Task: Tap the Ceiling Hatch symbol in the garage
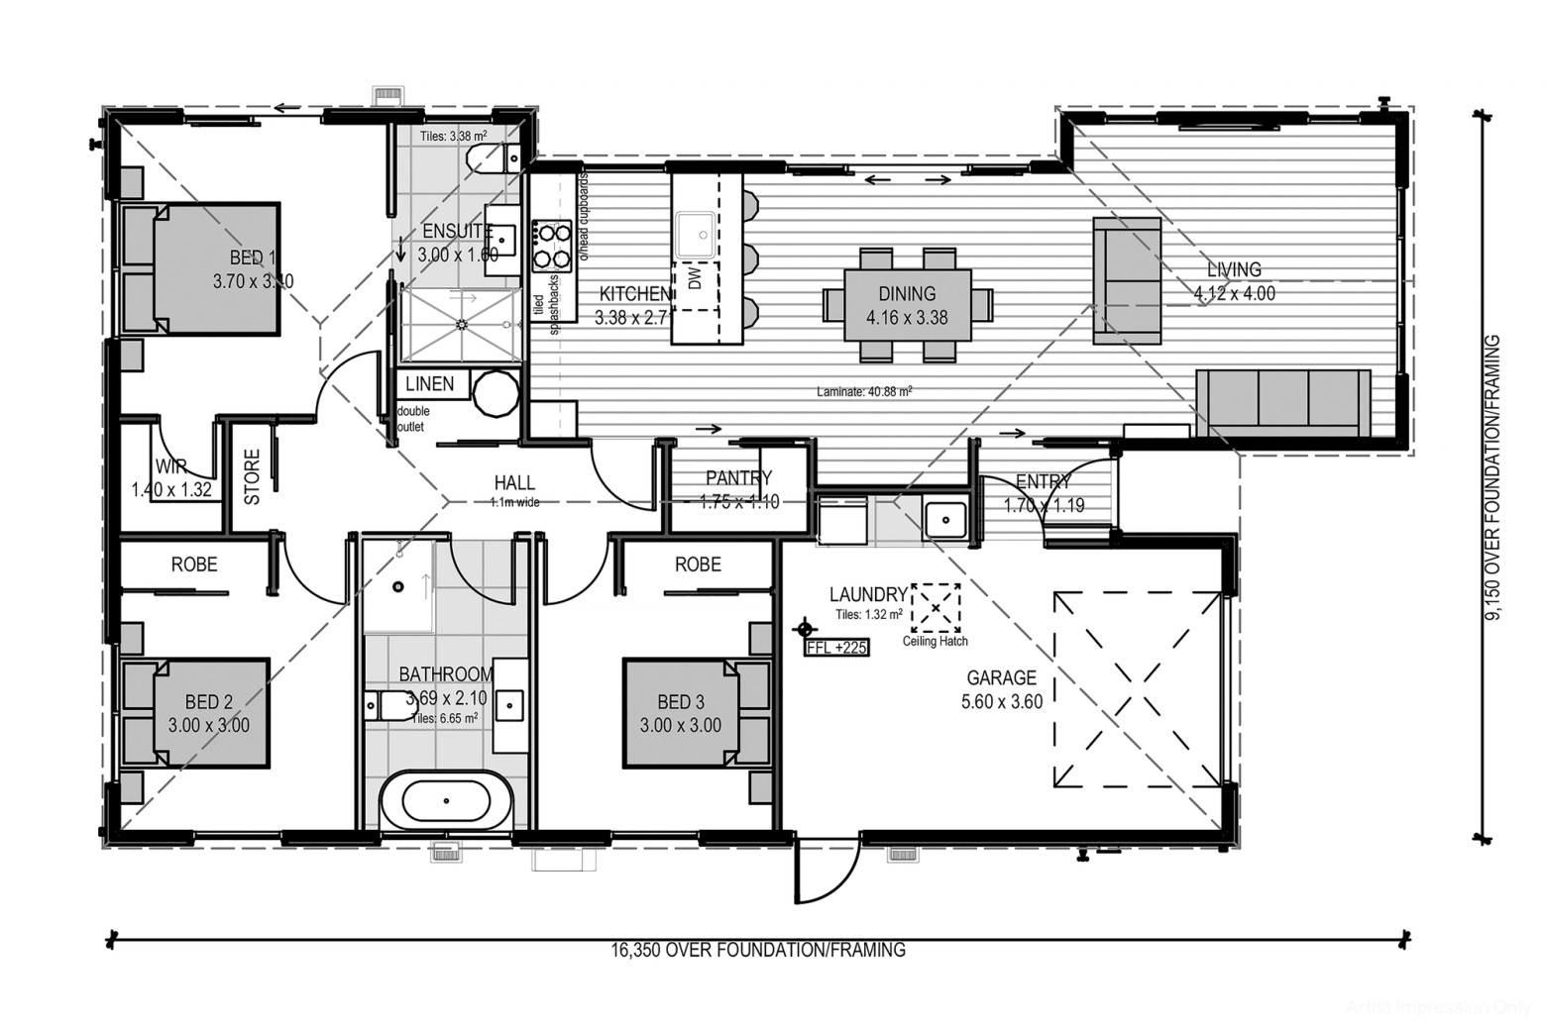pyautogui.click(x=936, y=607)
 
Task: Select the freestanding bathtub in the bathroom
pyautogui.click(x=445, y=799)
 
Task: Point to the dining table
pyautogui.click(x=906, y=304)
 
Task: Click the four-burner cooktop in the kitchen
pyautogui.click(x=551, y=246)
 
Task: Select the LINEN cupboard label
pyautogui.click(x=430, y=384)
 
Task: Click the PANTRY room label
pyautogui.click(x=738, y=478)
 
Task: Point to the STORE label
pyautogui.click(x=253, y=477)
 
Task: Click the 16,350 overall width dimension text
pyautogui.click(x=758, y=951)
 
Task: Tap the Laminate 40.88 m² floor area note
pyautogui.click(x=864, y=391)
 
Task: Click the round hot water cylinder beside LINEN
pyautogui.click(x=495, y=395)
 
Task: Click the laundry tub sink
pyautogui.click(x=945, y=518)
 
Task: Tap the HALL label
pyautogui.click(x=514, y=483)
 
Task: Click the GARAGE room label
pyautogui.click(x=1001, y=678)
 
